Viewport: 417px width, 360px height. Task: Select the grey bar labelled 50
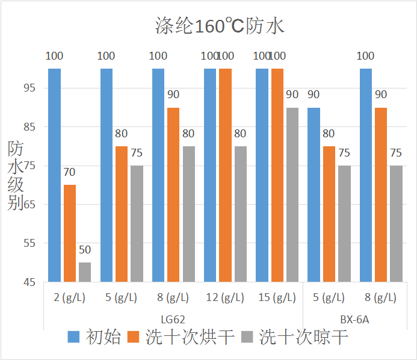click(x=85, y=272)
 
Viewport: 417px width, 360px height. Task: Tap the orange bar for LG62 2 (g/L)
click(x=70, y=233)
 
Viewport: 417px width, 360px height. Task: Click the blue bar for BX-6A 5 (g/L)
click(x=314, y=194)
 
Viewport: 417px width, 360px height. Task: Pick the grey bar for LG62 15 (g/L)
click(x=292, y=194)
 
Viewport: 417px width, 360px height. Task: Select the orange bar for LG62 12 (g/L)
click(x=225, y=175)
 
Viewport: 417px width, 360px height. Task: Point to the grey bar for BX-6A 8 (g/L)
click(x=396, y=223)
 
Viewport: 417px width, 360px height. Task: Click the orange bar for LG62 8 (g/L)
click(x=173, y=194)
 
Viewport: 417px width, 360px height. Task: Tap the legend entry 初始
click(x=95, y=337)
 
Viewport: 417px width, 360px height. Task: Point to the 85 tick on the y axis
click(x=29, y=127)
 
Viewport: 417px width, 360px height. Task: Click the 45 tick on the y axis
click(x=29, y=282)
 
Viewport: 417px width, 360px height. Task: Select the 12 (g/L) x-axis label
click(x=225, y=297)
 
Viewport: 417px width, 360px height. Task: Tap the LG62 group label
click(x=173, y=318)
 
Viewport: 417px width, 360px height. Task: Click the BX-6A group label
click(x=354, y=318)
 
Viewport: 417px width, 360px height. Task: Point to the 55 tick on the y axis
click(x=29, y=243)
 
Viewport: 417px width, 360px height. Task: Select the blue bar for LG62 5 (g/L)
click(x=107, y=175)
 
